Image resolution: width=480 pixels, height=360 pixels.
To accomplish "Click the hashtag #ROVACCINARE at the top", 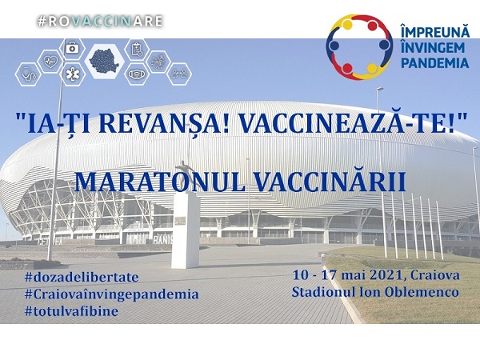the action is pos(100,21).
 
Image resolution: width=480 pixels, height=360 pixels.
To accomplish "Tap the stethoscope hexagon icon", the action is pos(28,74).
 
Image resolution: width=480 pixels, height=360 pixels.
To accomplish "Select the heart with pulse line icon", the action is pos(50,62).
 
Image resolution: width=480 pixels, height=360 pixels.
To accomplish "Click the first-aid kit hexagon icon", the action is pos(72,49).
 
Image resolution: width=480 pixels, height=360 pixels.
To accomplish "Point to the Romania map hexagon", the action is pos(104,62).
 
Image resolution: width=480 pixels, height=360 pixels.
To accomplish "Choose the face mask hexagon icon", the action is pos(137,74).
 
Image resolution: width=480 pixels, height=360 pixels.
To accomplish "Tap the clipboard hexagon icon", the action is pos(137,50).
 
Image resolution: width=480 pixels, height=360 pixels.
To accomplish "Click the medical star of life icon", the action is pos(73,74).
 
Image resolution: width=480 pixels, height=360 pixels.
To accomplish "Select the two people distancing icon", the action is pos(179,74).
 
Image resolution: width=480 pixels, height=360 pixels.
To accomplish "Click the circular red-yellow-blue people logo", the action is pos(359,46).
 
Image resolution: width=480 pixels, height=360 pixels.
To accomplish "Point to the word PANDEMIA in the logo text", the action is pos(434,62).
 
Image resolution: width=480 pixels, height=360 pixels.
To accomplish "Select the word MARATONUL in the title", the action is pos(159,182).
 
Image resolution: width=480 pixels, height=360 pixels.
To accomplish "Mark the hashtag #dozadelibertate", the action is pos(82,278).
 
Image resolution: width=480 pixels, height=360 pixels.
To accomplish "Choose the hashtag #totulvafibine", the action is pos(72,311).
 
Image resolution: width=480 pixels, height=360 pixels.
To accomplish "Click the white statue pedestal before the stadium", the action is pos(186,230).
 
